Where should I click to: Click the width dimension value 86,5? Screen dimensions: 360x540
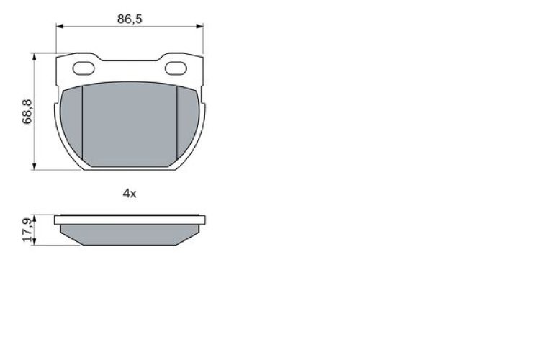pyautogui.click(x=130, y=19)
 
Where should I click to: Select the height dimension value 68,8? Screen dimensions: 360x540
pyautogui.click(x=27, y=112)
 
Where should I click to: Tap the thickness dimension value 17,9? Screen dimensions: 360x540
pyautogui.click(x=27, y=230)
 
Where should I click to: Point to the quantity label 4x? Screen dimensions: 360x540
pyautogui.click(x=130, y=193)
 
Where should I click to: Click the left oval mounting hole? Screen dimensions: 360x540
pyautogui.click(x=84, y=69)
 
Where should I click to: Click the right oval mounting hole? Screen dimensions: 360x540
pyautogui.click(x=176, y=69)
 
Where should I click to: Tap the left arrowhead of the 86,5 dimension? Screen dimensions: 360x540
pyautogui.click(x=59, y=27)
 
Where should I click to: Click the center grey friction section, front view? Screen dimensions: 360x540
pyautogui.click(x=130, y=122)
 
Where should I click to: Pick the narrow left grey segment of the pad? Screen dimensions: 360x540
pyautogui.click(x=71, y=119)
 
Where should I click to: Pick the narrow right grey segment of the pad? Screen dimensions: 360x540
pyautogui.click(x=189, y=119)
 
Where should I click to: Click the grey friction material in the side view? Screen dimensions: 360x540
pyautogui.click(x=130, y=234)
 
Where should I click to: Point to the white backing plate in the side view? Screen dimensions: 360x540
pyautogui.click(x=130, y=219)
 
